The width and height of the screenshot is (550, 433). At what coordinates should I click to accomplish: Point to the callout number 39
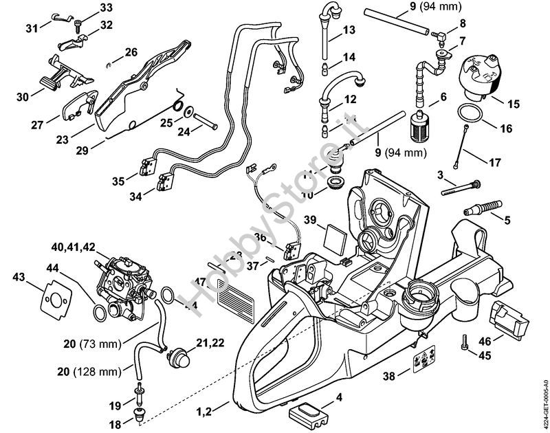click(311, 220)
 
